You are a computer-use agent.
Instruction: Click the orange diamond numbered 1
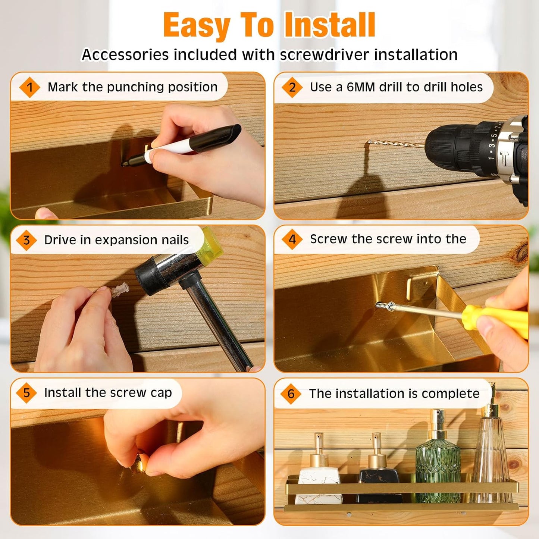pos(29,87)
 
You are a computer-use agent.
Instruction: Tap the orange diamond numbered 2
pos(292,87)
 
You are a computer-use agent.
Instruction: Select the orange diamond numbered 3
pos(26,240)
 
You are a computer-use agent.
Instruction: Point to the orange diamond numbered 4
pos(292,239)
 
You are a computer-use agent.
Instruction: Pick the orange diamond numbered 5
pos(26,393)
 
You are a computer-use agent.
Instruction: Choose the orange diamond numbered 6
pos(291,394)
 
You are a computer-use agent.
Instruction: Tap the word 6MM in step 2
pos(361,87)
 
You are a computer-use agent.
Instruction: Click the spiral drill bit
pos(396,144)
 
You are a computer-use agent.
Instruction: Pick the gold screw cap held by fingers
pos(139,464)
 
